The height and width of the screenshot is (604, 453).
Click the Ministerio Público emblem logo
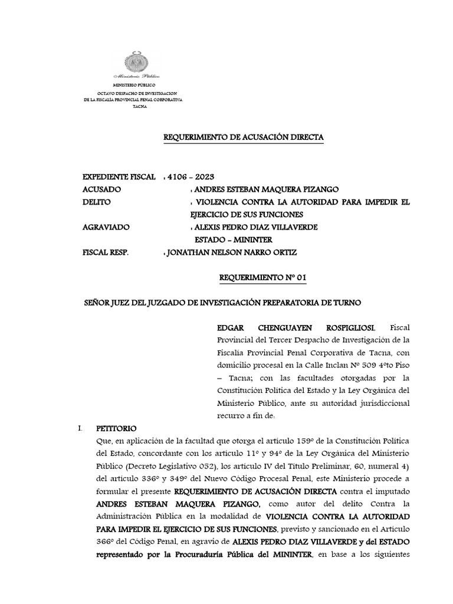tap(139, 64)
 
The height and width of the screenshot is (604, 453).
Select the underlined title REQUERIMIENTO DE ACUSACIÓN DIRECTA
tap(243, 137)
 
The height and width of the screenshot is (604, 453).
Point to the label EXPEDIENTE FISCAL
tap(119, 177)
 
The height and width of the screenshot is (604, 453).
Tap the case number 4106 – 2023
tap(191, 177)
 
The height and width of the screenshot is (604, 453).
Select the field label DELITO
tap(99, 202)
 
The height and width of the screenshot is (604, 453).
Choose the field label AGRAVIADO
tap(107, 227)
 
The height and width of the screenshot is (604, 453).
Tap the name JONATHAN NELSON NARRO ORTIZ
tap(232, 252)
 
